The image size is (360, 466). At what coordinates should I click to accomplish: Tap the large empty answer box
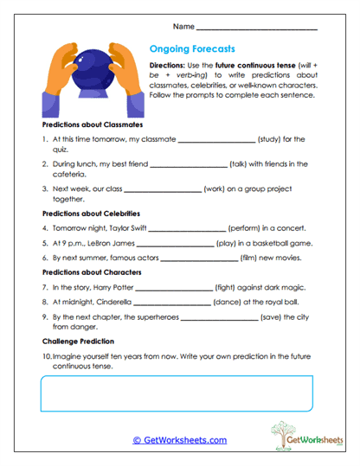tap(179, 393)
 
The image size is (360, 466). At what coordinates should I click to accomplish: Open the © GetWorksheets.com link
tap(180, 440)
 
